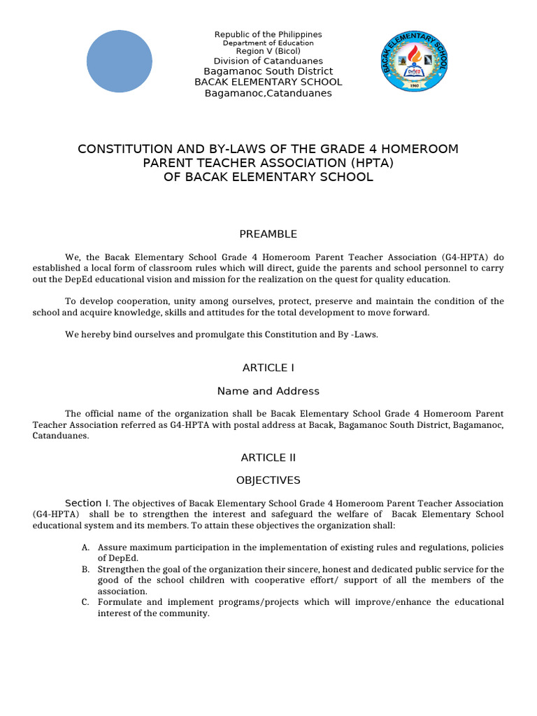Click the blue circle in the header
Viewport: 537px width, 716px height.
[x=119, y=62]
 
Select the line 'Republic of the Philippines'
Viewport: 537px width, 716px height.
[x=268, y=34]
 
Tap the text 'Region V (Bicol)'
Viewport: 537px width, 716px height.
[x=268, y=52]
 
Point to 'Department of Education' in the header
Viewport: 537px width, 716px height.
[x=268, y=43]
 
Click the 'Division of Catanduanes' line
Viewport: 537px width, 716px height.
[x=268, y=61]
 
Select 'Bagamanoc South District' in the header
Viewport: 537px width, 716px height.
[x=268, y=71]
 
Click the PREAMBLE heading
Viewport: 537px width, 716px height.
[x=268, y=234]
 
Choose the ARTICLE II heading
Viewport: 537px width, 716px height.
[x=268, y=457]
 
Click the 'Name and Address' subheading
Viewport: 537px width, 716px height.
[x=268, y=391]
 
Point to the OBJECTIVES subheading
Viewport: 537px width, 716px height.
[x=268, y=480]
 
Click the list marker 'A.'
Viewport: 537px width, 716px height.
[x=85, y=547]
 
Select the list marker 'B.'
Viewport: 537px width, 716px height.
[x=85, y=569]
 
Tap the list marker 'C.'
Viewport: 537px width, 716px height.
[x=85, y=602]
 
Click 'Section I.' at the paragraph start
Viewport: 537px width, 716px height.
[x=87, y=503]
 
